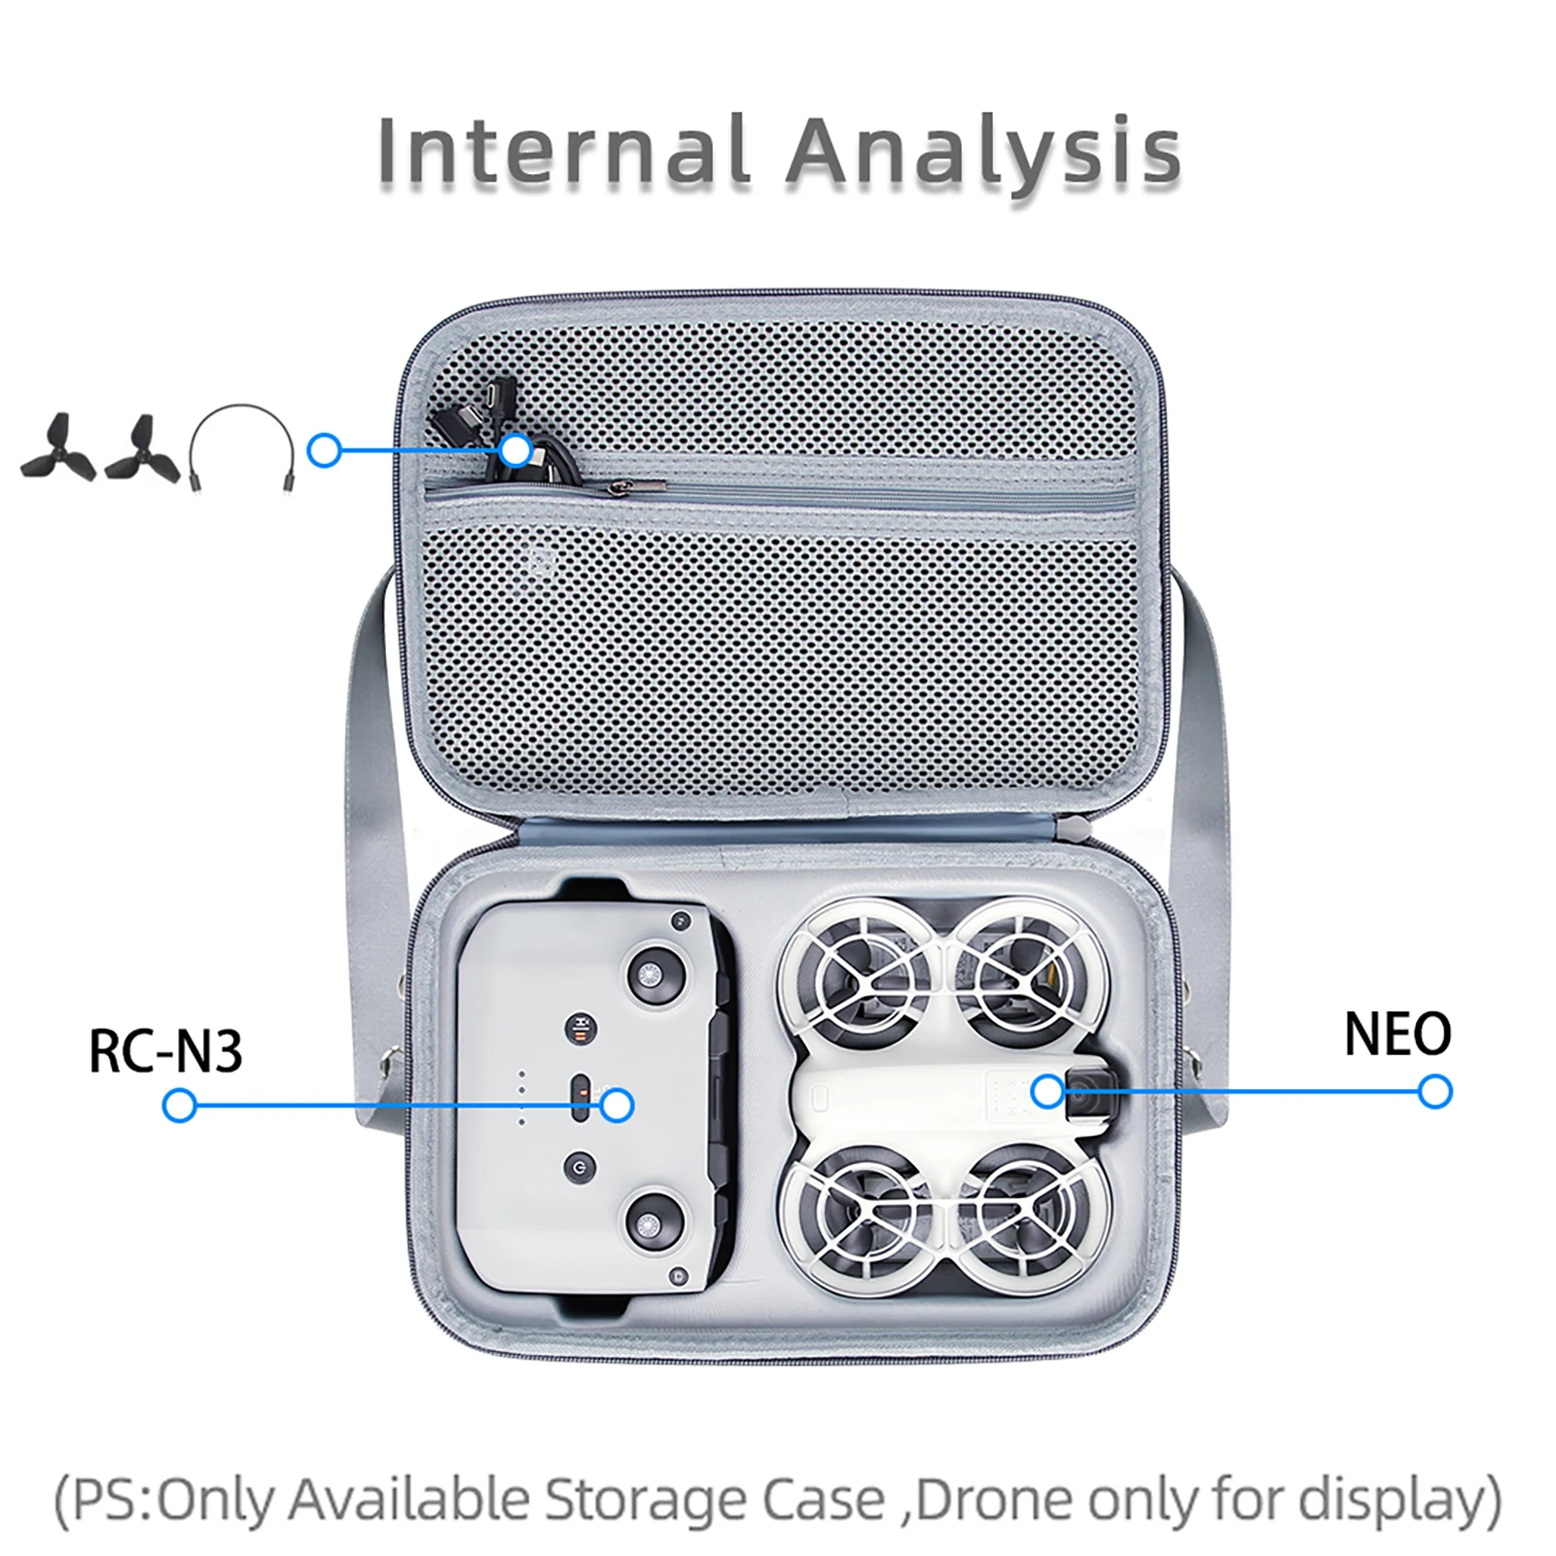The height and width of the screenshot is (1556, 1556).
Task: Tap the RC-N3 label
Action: [x=165, y=1051]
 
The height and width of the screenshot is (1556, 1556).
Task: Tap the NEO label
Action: [x=1397, y=1034]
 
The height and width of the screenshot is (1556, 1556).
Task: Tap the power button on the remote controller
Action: [x=581, y=1167]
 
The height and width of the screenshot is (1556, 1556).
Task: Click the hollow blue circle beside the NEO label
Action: [x=1434, y=1092]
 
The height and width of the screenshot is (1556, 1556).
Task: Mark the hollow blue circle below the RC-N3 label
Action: [x=180, y=1106]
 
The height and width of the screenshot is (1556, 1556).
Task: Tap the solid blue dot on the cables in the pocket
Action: [x=516, y=450]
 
